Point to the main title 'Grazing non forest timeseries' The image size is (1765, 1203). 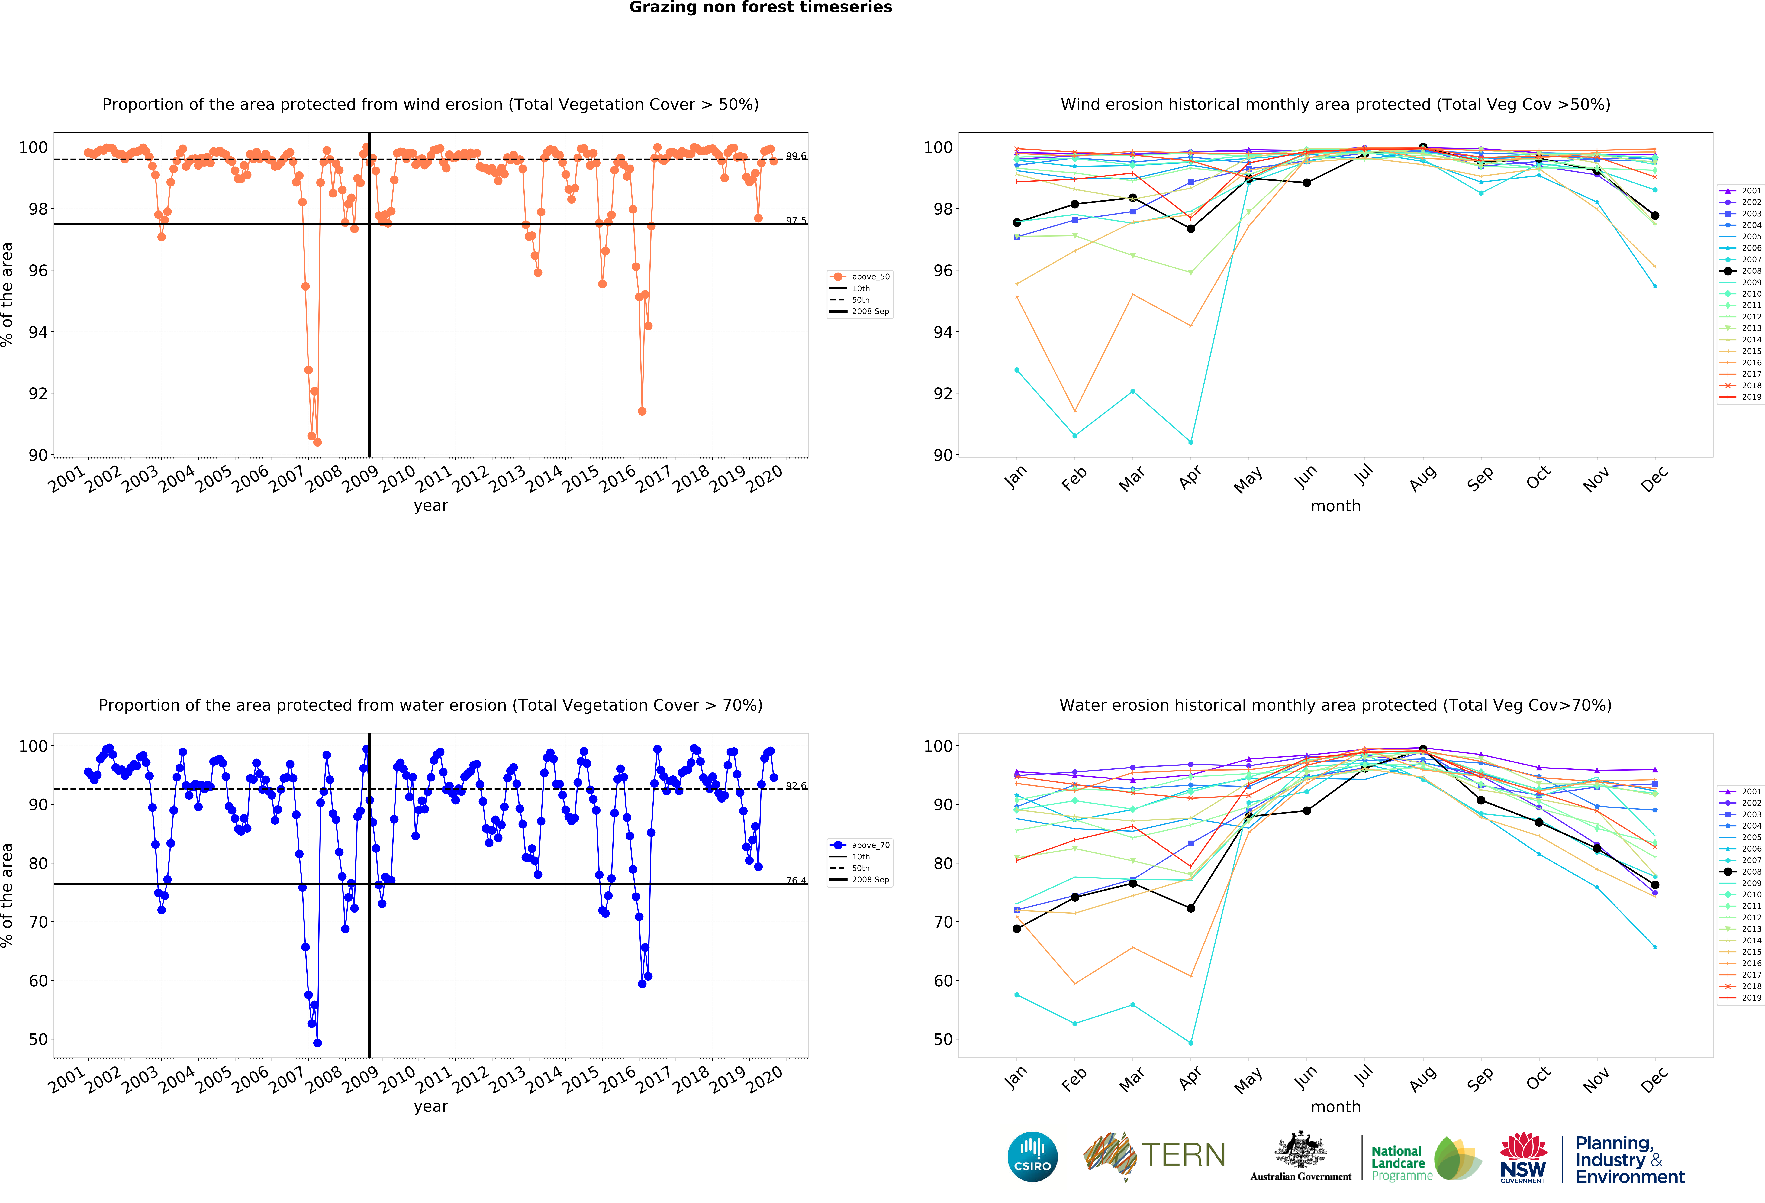click(x=760, y=8)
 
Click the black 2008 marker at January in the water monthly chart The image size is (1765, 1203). click(x=1017, y=929)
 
